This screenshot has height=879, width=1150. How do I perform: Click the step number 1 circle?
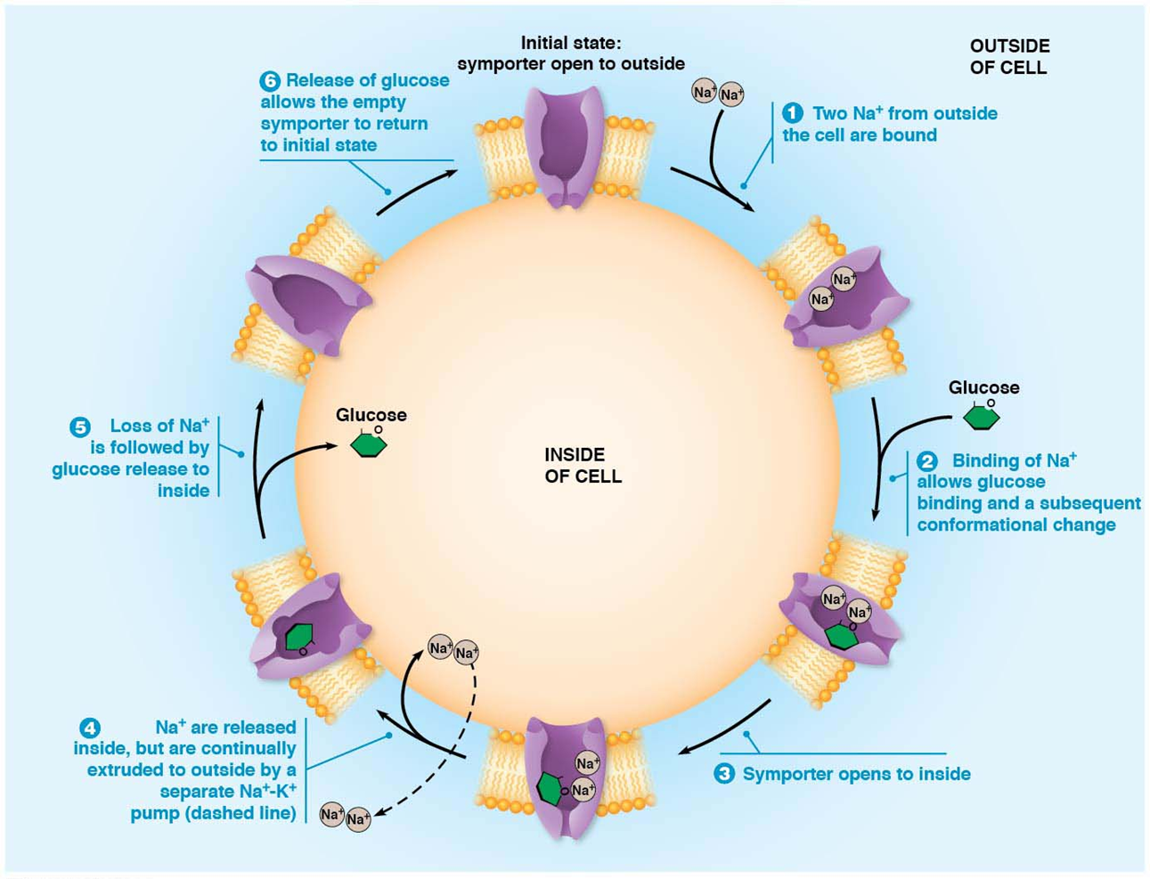click(x=793, y=113)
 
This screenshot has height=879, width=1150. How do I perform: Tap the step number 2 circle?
click(x=927, y=460)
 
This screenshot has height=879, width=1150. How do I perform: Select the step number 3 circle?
click(x=724, y=774)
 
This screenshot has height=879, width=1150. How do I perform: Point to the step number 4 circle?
click(x=90, y=728)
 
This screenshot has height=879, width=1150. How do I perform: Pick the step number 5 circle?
click(x=80, y=427)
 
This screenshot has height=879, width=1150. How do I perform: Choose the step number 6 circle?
click(x=270, y=81)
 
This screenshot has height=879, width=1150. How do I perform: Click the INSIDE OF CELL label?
click(x=583, y=466)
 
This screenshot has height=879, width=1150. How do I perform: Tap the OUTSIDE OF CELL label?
click(x=1009, y=57)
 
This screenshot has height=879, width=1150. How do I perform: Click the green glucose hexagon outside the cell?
click(x=982, y=417)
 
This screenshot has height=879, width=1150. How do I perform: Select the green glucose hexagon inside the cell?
click(x=369, y=444)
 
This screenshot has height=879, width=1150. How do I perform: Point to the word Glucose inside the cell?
click(x=371, y=415)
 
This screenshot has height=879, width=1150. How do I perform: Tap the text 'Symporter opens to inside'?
click(x=856, y=774)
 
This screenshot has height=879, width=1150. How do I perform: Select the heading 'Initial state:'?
click(x=571, y=43)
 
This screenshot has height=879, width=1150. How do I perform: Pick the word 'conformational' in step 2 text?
click(x=972, y=525)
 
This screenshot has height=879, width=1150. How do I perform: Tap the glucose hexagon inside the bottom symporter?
click(x=551, y=788)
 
